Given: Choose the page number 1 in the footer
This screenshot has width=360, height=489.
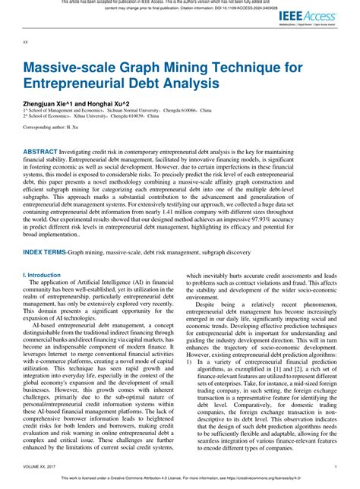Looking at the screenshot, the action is (x=335, y=468).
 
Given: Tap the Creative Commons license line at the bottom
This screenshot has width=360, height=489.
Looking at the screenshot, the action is (x=180, y=481).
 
